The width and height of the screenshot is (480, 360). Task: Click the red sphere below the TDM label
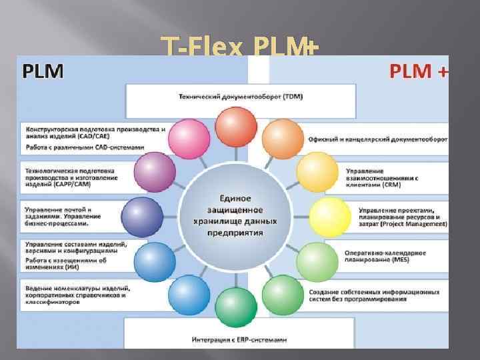click(x=236, y=127)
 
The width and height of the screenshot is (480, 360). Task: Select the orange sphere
click(x=283, y=139)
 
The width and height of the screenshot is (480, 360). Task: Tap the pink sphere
click(x=189, y=139)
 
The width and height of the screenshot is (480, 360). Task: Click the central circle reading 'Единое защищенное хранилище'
click(x=236, y=216)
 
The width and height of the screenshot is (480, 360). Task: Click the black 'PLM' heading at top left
click(x=44, y=71)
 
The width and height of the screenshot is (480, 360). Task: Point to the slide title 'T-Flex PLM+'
click(x=240, y=47)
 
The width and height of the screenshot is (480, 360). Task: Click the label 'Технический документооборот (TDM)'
click(x=240, y=97)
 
